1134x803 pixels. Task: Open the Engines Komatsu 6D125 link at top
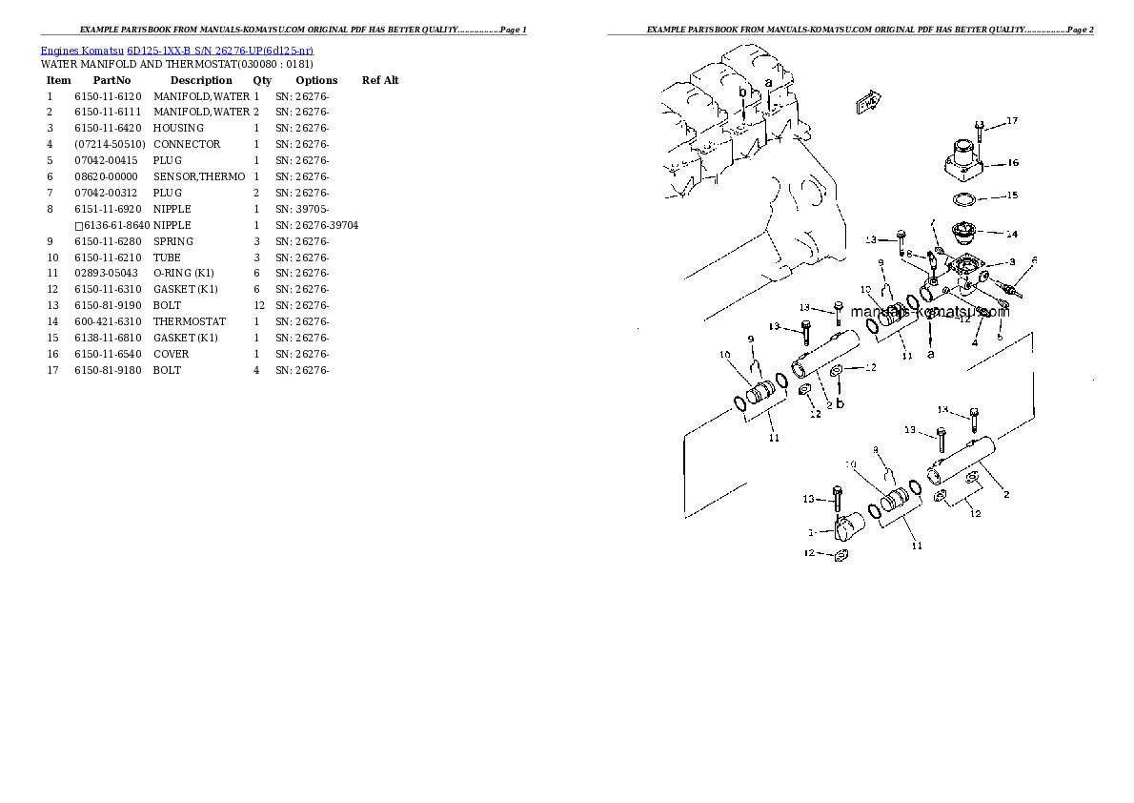coord(177,50)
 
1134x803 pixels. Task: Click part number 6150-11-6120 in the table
coord(108,96)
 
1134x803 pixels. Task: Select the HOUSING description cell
coord(178,128)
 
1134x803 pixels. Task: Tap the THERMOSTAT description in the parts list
coord(190,321)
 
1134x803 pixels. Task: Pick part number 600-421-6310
coord(108,321)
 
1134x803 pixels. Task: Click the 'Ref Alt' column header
coord(380,80)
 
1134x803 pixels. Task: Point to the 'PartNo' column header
coord(111,80)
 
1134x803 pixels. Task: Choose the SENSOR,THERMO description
coord(199,176)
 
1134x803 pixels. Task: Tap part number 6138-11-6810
coord(108,338)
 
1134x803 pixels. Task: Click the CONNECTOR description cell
coord(187,144)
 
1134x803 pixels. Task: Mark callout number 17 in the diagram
coord(1011,121)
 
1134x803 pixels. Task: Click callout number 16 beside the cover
coord(1012,163)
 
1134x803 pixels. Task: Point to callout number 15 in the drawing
coord(1011,196)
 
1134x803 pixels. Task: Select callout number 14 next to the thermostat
coord(1011,234)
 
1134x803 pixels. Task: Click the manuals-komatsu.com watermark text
coord(929,312)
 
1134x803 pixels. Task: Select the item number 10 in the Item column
coord(51,257)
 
